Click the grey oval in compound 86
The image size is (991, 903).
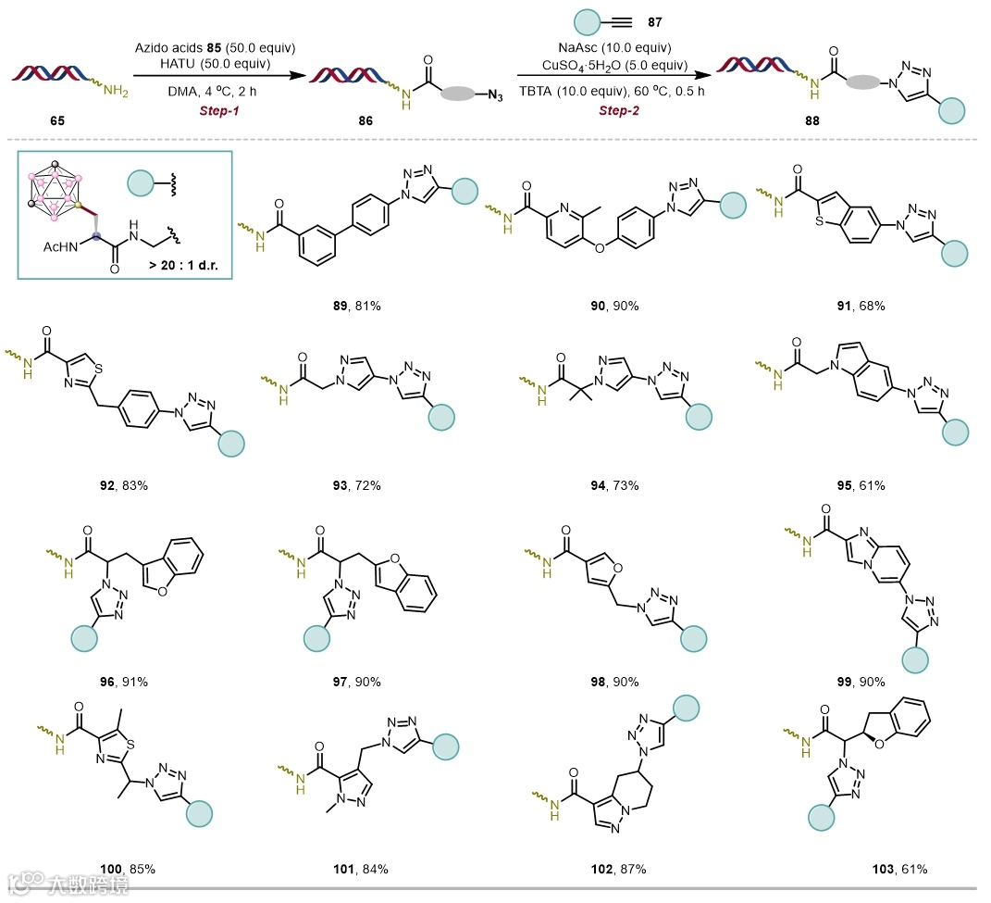click(x=454, y=94)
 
